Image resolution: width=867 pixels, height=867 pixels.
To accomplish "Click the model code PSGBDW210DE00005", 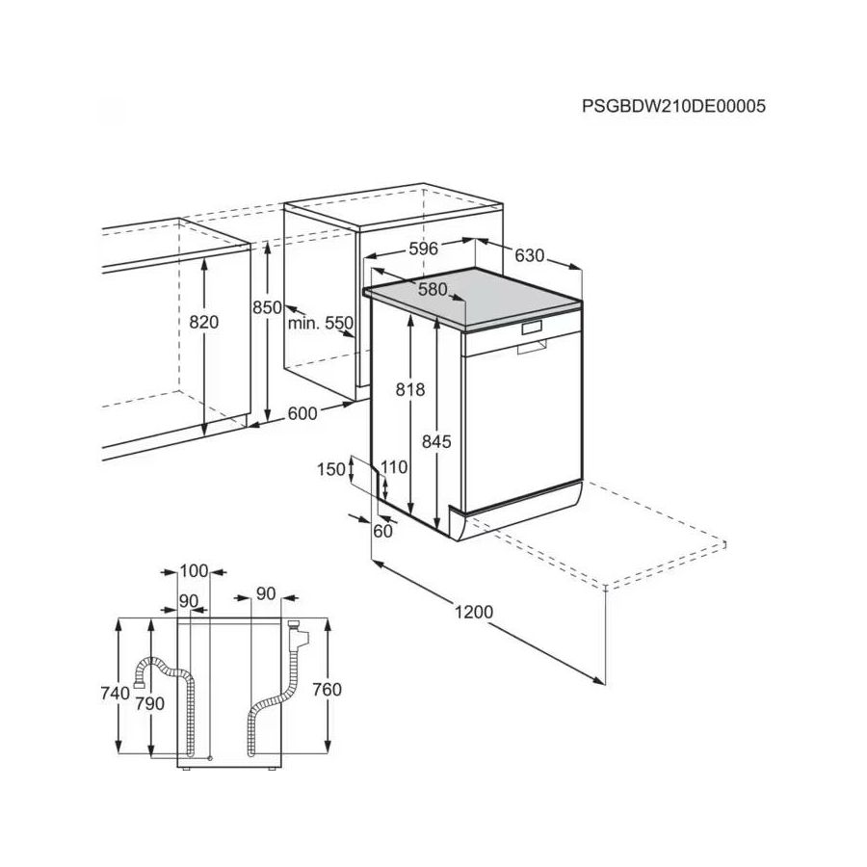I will tap(673, 107).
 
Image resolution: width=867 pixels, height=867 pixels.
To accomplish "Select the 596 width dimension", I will tap(423, 249).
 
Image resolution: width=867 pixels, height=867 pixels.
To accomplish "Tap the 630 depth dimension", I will tap(529, 256).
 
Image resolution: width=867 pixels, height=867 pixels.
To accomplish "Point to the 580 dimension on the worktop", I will tap(433, 289).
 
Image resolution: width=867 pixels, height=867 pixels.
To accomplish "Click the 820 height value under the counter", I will tap(204, 323).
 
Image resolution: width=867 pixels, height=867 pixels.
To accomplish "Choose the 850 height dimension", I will tap(266, 307).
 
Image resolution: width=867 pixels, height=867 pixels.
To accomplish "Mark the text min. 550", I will tap(321, 324).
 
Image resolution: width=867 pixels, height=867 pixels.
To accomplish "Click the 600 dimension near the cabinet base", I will tap(302, 413).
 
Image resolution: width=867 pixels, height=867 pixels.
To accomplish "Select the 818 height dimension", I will tap(410, 390).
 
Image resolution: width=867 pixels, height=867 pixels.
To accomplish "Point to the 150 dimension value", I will tap(330, 469).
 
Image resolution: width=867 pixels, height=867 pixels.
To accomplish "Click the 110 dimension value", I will tap(394, 467).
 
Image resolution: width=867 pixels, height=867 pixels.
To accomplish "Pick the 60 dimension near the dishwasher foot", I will tap(383, 531).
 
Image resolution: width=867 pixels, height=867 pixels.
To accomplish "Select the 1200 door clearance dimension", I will tap(473, 612).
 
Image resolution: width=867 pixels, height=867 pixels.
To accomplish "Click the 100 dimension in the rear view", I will tap(194, 571).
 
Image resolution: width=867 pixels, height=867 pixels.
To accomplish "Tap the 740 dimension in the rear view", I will tap(116, 694).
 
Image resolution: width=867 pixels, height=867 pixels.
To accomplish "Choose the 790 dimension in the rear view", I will tap(149, 703).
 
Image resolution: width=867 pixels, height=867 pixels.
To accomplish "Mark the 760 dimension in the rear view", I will tap(328, 690).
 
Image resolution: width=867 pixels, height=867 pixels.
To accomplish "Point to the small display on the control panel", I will tap(532, 328).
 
